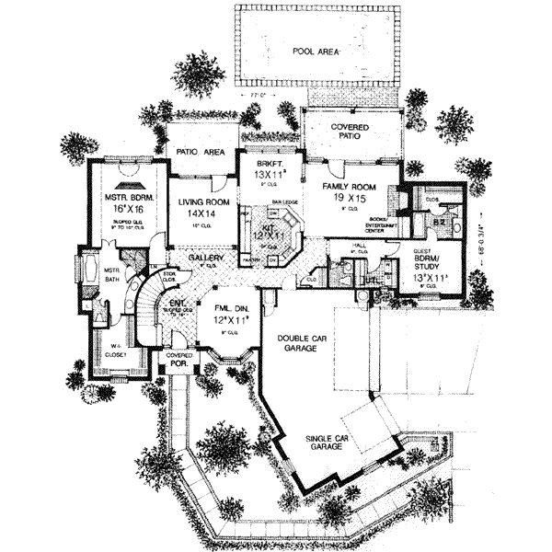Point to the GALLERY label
206,260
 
